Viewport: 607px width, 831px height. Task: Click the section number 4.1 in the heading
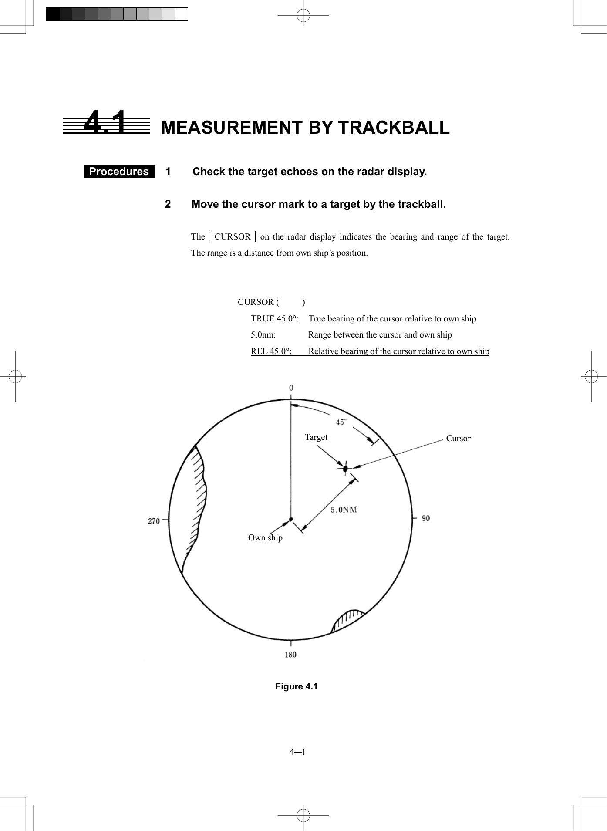[x=105, y=123]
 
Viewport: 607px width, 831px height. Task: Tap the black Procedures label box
[x=119, y=171]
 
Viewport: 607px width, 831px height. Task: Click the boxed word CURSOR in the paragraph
[x=233, y=236]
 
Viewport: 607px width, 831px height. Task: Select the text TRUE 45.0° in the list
[x=274, y=318]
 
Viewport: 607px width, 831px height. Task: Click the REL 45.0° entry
[x=271, y=351]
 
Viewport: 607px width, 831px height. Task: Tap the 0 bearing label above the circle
[x=291, y=388]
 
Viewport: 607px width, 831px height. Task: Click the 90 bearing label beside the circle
[x=425, y=518]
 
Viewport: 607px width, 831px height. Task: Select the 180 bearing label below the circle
[x=290, y=654]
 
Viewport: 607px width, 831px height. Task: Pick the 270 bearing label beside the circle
[x=154, y=521]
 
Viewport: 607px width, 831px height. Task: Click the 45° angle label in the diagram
[x=341, y=422]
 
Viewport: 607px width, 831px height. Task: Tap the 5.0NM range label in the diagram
[x=344, y=509]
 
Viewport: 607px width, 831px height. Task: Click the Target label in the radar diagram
[x=316, y=437]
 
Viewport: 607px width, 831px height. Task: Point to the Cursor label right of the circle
[x=458, y=438]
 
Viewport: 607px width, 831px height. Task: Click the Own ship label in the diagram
[x=265, y=537]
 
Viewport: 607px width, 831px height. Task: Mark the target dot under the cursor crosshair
[x=345, y=469]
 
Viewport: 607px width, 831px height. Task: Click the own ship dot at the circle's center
[x=291, y=519]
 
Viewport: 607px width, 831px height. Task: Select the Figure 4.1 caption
[x=297, y=686]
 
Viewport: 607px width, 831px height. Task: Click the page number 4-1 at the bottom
[x=297, y=752]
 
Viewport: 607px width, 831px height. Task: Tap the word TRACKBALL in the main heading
[x=394, y=127]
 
